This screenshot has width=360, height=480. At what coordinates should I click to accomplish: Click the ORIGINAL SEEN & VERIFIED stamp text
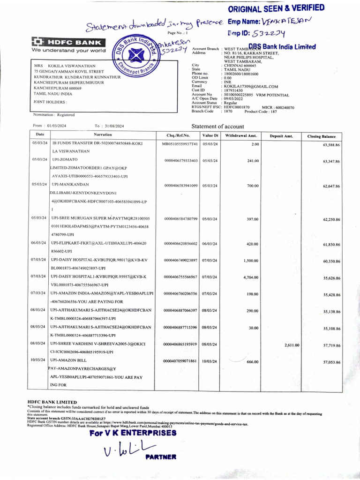(276, 8)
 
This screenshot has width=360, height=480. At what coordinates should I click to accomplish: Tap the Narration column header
(102, 135)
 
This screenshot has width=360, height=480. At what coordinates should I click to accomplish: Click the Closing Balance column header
(321, 136)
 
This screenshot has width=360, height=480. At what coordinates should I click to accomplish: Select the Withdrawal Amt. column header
(240, 135)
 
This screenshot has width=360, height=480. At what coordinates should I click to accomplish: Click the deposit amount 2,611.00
(292, 345)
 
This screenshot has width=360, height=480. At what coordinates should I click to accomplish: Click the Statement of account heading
(217, 127)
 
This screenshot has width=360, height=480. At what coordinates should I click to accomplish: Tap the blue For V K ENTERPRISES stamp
(133, 433)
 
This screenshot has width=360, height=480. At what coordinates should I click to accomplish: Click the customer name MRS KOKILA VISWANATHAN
(65, 66)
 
